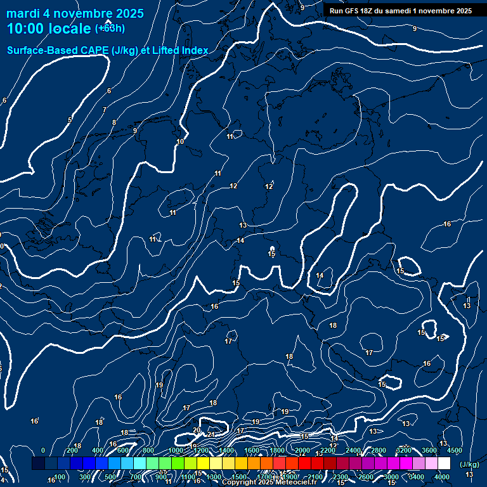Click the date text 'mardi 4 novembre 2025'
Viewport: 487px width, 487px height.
(75, 13)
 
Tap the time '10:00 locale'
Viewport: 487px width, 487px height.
(49, 29)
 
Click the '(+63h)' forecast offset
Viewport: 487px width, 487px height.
(110, 29)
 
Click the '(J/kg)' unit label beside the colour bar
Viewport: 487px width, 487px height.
(469, 464)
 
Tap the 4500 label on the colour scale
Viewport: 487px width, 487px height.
(455, 450)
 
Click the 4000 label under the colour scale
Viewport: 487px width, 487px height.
(442, 477)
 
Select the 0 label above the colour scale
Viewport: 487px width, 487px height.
(43, 450)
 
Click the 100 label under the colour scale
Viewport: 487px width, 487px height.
(60, 477)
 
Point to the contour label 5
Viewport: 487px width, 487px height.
(70, 120)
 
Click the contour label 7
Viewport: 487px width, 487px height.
(104, 110)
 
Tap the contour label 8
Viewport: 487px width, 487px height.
(114, 122)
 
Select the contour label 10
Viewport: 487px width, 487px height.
(180, 141)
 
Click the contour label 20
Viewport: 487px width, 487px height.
(197, 431)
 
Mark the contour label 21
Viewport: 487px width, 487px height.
(211, 434)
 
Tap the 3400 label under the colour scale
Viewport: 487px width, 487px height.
(417, 477)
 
